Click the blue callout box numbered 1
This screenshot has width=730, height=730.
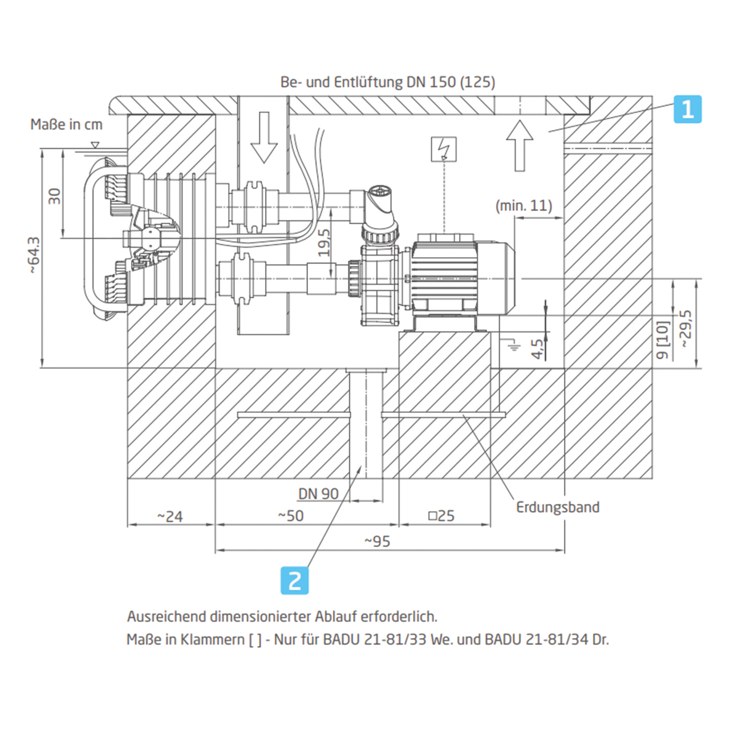coord(687,109)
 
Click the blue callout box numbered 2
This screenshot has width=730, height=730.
coord(295,580)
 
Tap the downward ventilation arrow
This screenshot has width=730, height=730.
coord(263,137)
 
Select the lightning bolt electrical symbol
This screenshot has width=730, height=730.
coord(444,149)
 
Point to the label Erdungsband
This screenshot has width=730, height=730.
coord(557,507)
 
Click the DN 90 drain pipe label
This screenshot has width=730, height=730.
coord(318,494)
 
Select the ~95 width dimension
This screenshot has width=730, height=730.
coord(378,541)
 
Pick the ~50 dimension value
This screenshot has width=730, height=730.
coord(291,516)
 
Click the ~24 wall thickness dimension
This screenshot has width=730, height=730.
coord(170,517)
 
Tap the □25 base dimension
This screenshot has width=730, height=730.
coord(441,516)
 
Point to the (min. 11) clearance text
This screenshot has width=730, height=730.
coord(524,206)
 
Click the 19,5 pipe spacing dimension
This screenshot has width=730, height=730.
coord(324,242)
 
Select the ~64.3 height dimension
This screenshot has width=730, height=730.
coord(34,255)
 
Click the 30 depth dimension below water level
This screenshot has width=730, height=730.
coord(54,196)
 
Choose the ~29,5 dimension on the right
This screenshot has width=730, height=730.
coord(686,328)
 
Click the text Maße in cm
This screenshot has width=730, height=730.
coord(66,124)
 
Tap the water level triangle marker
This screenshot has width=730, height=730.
coord(95,145)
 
